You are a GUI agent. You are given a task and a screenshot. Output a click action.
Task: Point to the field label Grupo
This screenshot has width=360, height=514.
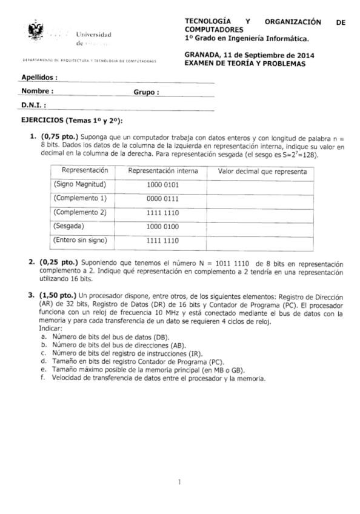point(146,93)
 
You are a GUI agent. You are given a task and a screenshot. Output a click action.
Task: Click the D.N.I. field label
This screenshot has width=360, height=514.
point(34,105)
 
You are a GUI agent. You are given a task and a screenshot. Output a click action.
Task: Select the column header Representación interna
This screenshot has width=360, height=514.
point(163,172)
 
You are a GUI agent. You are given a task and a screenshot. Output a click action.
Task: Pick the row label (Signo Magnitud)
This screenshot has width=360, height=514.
point(80,184)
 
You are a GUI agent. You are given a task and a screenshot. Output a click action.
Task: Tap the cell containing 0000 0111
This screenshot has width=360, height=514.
point(163,198)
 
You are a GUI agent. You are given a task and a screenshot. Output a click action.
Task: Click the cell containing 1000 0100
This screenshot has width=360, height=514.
point(163,226)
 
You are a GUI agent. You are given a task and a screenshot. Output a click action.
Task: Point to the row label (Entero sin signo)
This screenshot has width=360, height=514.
point(81,240)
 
